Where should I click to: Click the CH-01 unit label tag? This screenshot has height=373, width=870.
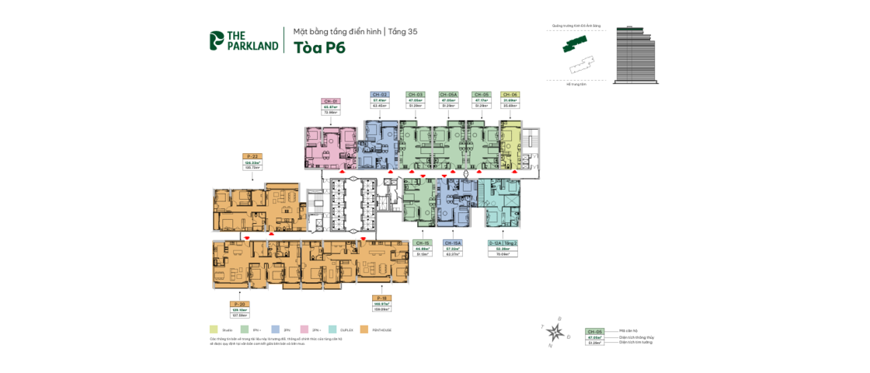click(x=331, y=101)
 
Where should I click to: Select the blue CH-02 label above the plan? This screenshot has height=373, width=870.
click(x=380, y=94)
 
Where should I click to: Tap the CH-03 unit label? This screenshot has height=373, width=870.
click(x=416, y=94)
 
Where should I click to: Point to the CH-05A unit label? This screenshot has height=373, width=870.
click(x=448, y=94)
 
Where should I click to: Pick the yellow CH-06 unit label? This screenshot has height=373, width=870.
click(x=510, y=94)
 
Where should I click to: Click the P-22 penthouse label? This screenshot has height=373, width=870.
click(x=252, y=156)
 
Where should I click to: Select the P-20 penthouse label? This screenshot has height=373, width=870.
click(x=239, y=304)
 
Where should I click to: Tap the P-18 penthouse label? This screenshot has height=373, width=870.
click(x=381, y=298)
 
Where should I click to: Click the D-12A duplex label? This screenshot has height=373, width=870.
click(x=503, y=242)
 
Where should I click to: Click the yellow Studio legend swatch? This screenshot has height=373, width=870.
click(x=214, y=329)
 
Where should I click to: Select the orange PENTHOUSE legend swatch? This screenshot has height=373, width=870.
click(x=364, y=329)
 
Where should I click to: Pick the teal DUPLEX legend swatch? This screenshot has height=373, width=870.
click(x=333, y=329)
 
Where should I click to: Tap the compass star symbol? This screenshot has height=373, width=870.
click(x=555, y=333)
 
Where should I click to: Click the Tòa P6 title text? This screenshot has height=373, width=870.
click(x=319, y=47)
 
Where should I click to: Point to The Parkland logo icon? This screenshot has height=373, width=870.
click(x=217, y=40)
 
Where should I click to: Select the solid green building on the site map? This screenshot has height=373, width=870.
click(x=575, y=44)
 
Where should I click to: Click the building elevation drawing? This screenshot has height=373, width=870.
click(x=635, y=55)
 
